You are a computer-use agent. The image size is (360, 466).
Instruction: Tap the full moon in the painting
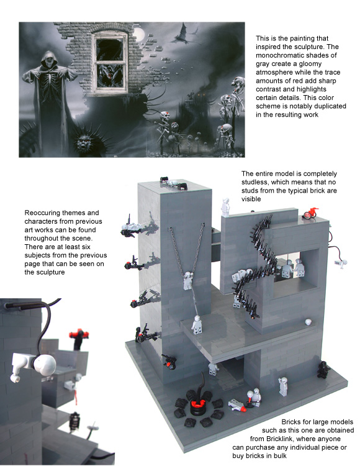139,34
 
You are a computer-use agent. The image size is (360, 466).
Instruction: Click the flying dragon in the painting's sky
183,35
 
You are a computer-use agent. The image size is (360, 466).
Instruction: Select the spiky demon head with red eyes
86,142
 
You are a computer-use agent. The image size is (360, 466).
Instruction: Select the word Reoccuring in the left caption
40,213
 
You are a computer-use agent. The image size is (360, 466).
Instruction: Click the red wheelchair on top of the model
310,213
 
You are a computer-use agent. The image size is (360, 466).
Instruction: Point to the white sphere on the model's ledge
308,322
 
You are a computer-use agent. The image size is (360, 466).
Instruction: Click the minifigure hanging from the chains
188,280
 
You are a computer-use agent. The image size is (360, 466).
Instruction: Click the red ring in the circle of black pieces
199,403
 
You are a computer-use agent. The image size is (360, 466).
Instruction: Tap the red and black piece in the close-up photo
79,335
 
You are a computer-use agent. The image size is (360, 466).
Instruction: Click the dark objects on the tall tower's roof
174,183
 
